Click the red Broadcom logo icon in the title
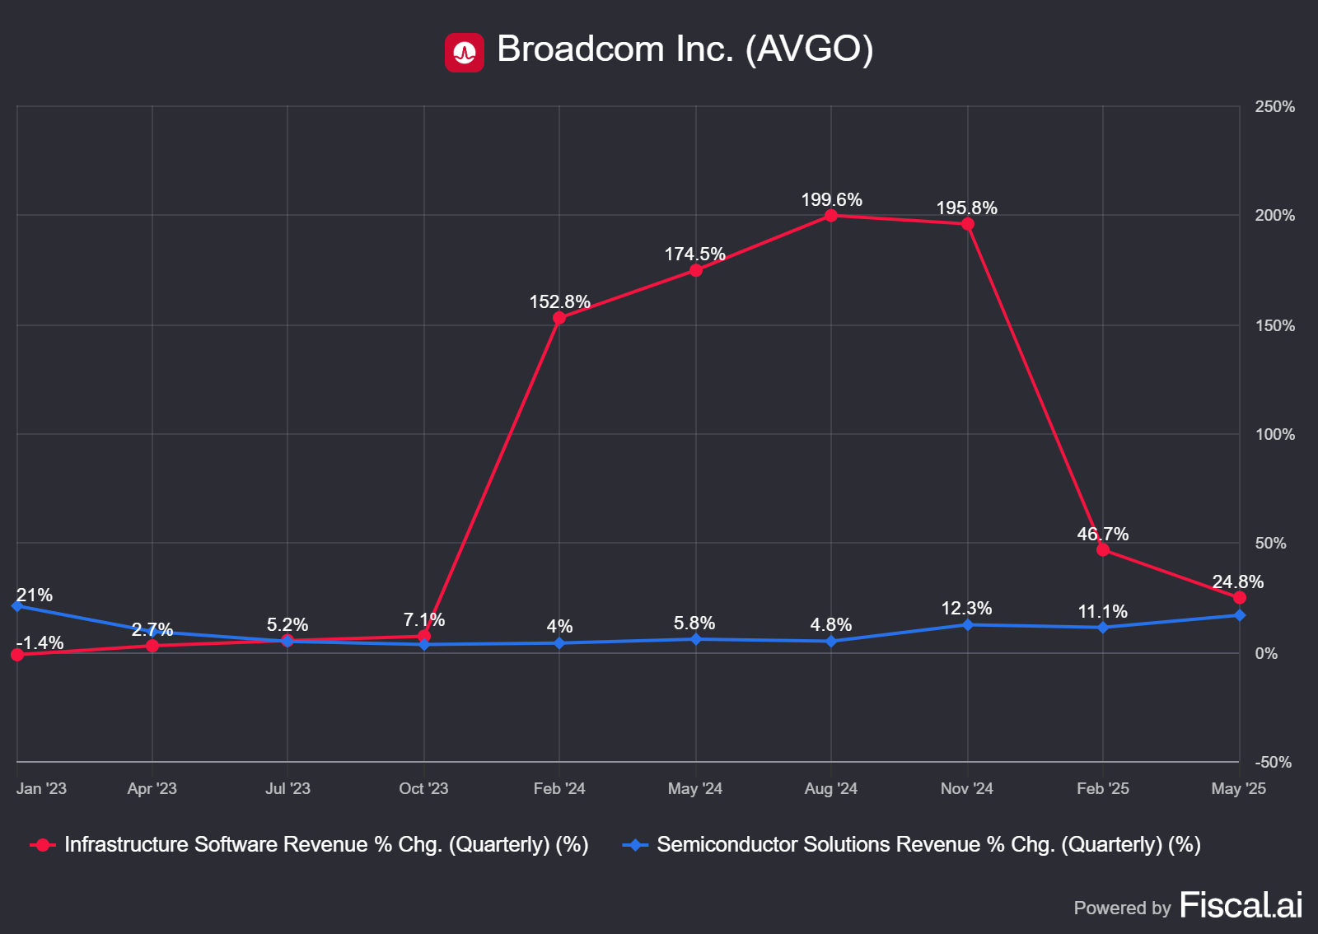[464, 53]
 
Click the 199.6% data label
[831, 200]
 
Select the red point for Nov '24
[967, 224]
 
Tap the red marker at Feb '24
[559, 318]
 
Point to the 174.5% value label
[694, 255]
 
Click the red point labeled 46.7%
[1103, 549]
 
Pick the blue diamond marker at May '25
[1239, 615]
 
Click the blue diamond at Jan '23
[17, 605]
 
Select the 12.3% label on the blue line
[966, 609]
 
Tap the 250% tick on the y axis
[1274, 107]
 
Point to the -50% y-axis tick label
[1273, 762]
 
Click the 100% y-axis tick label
[1274, 434]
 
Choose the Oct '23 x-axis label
[423, 788]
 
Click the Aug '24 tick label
[830, 788]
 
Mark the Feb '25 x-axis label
[1102, 788]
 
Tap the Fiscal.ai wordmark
[1241, 905]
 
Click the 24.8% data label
[1237, 582]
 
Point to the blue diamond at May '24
[696, 639]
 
